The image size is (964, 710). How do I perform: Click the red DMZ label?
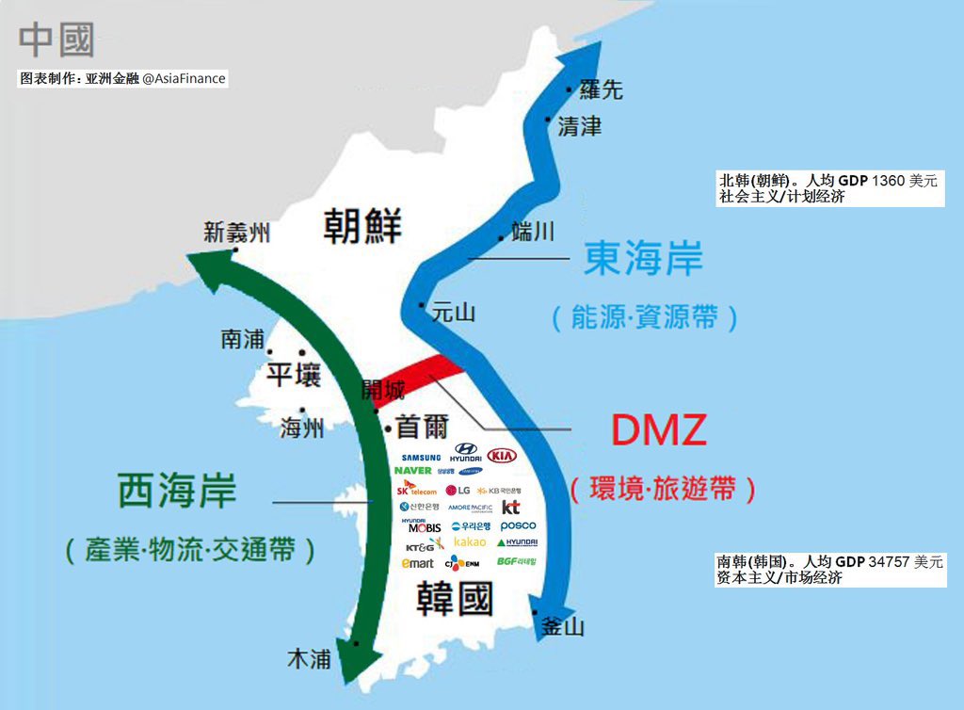tap(659, 430)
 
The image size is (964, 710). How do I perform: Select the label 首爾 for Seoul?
tap(422, 426)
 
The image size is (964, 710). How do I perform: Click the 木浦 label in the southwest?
tap(308, 659)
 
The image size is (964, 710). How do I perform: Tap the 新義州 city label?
tap(236, 232)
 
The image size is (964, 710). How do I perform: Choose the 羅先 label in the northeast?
tap(601, 89)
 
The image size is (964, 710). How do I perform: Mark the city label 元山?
tap(453, 314)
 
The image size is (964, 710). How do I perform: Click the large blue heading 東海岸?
tap(643, 258)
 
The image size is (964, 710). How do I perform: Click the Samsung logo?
tap(420, 458)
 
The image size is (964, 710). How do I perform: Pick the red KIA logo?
tap(504, 455)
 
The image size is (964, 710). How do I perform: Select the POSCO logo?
tap(518, 525)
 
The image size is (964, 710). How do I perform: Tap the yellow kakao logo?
tap(470, 542)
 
